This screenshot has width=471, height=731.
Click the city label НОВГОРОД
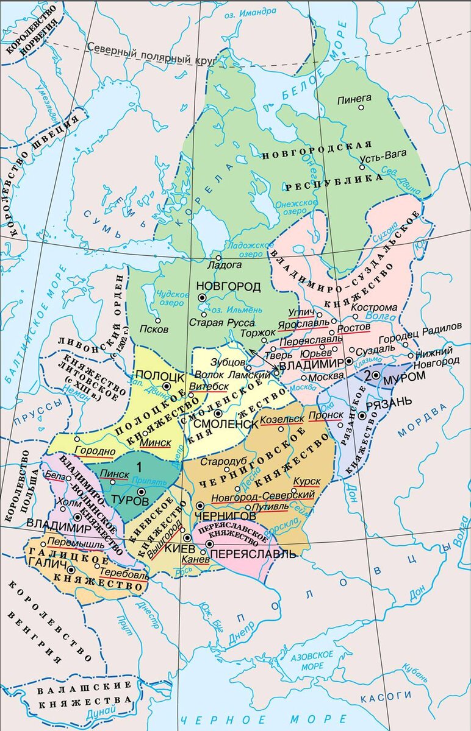coord(228,286)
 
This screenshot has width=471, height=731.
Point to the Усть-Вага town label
coord(379,157)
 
